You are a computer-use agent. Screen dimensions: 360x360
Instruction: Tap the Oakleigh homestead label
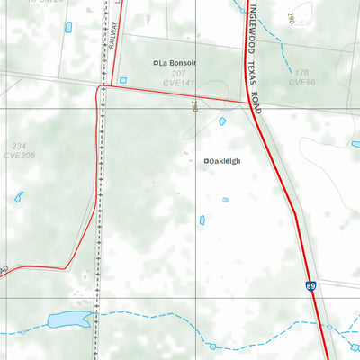click(226, 161)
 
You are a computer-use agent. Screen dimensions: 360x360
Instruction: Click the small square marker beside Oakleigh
click(206, 161)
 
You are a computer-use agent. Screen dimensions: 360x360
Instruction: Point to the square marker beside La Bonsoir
click(156, 63)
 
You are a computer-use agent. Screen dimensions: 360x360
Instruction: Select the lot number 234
click(19, 146)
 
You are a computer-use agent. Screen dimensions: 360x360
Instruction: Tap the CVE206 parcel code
click(18, 155)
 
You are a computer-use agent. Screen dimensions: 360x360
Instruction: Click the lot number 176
click(301, 73)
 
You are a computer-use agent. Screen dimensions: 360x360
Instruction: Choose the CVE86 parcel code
click(301, 83)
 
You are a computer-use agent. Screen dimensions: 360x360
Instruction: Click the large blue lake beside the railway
click(66, 319)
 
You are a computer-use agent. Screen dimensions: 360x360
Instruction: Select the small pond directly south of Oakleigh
click(202, 220)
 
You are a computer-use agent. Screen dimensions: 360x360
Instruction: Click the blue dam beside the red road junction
click(221, 121)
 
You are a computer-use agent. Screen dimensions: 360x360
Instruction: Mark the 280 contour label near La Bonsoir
click(193, 106)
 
